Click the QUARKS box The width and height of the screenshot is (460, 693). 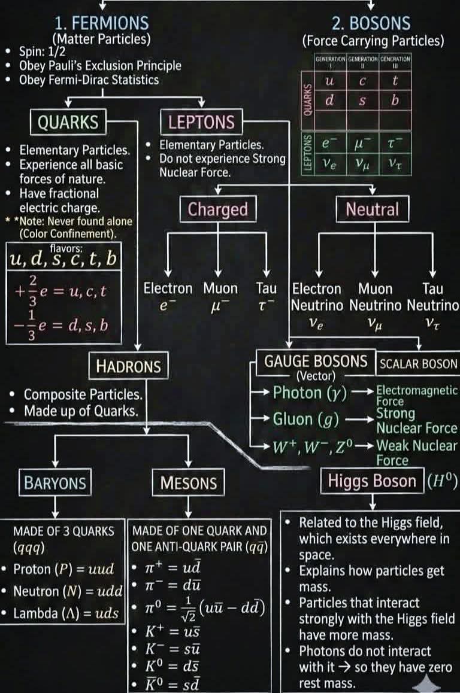[68, 122]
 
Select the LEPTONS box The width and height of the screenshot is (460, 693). [201, 123]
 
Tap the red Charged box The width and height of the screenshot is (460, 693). [217, 209]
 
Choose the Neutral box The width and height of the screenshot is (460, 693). [372, 209]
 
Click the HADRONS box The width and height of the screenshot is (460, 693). [128, 366]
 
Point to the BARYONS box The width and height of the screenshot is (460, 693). [55, 482]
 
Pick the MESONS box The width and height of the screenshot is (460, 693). [188, 482]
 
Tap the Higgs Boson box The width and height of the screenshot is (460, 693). [371, 481]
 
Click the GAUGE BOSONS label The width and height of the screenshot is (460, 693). [316, 361]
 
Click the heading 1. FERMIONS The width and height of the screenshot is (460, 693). [101, 23]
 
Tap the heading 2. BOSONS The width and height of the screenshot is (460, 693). [372, 23]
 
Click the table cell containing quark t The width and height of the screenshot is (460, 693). [395, 80]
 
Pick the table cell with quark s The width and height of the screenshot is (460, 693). [362, 100]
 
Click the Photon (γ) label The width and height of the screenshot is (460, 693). [306, 393]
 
